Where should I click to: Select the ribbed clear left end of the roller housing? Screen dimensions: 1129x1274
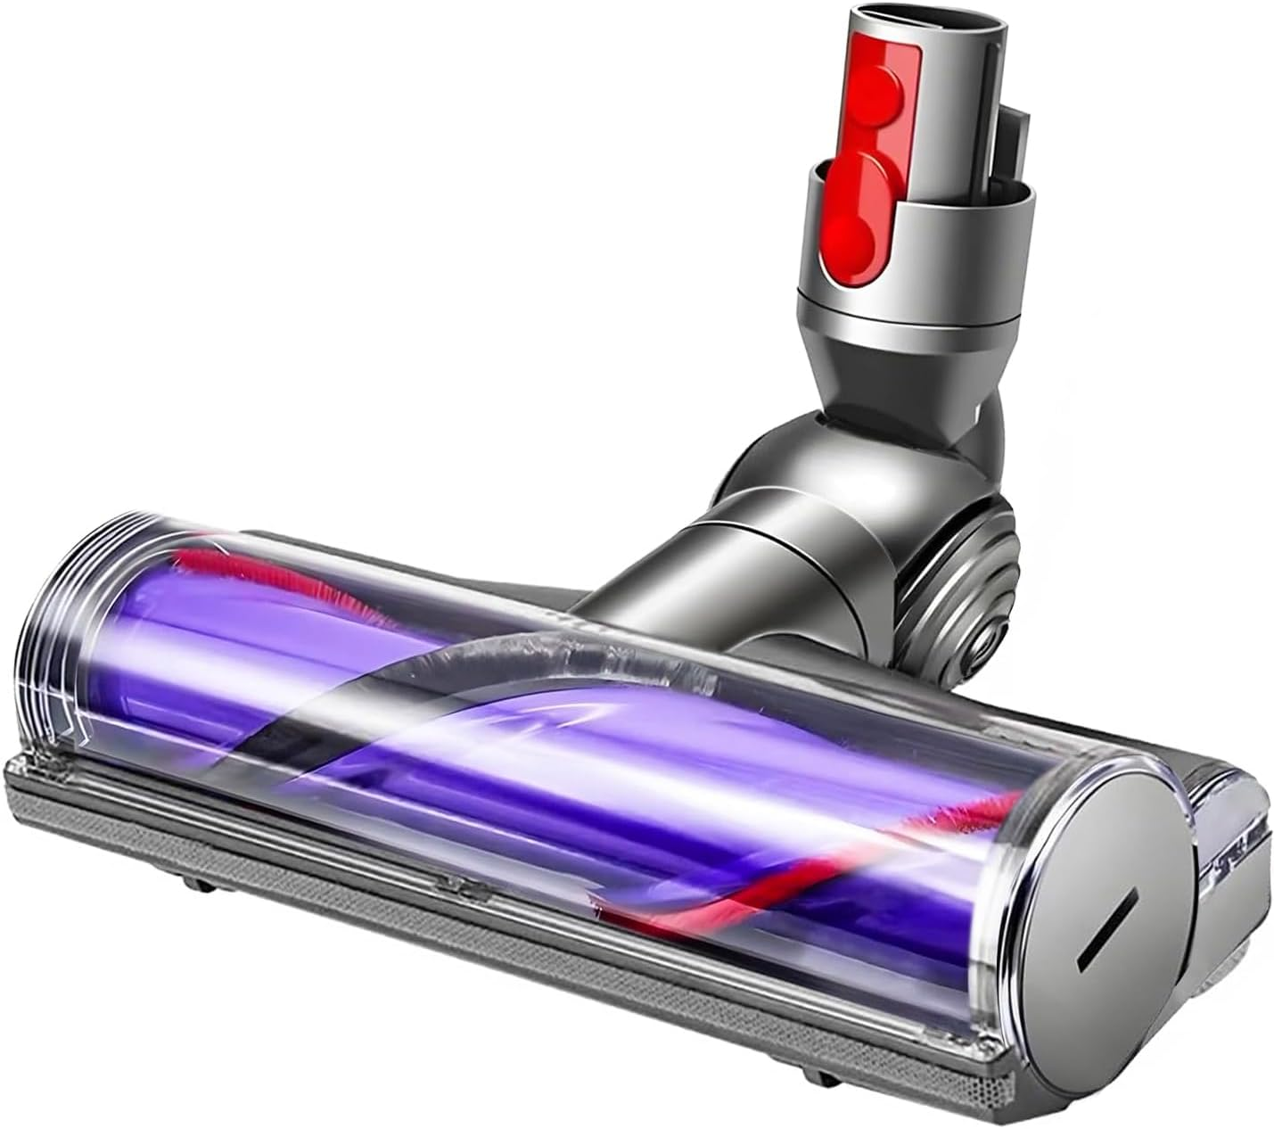(x=80, y=615)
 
